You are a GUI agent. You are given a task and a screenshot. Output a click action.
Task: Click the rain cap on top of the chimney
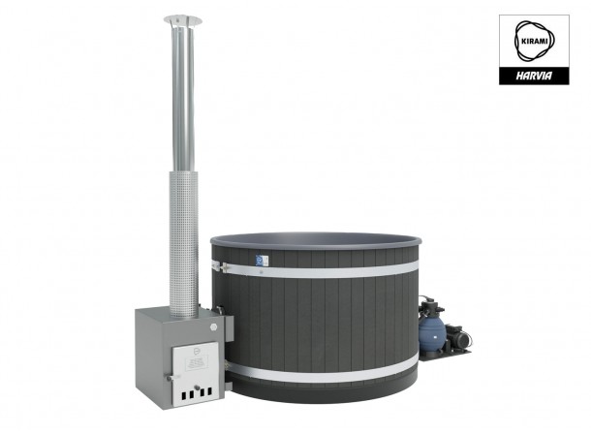(x=181, y=19)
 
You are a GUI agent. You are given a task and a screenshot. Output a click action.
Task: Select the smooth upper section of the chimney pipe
(x=181, y=97)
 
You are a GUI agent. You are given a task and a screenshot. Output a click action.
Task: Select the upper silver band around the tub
(x=320, y=272)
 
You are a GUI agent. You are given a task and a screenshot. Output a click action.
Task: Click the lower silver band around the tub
(x=320, y=374)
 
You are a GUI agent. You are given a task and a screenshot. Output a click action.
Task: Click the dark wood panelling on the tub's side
(x=320, y=325)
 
